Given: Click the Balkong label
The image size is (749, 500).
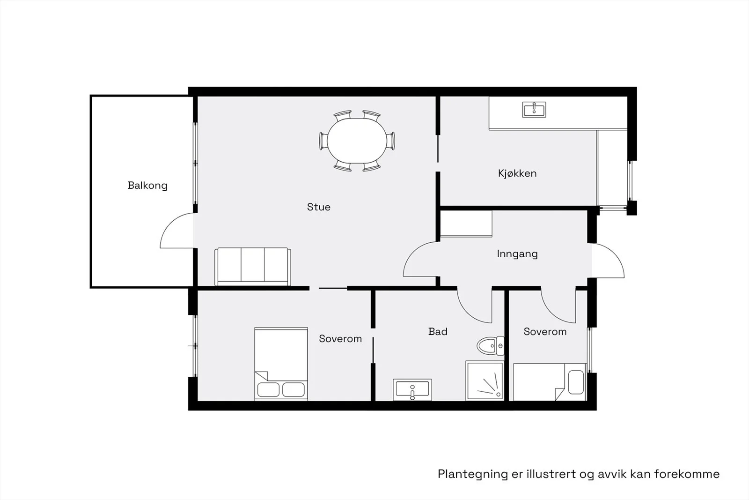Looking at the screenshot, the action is tap(147, 186).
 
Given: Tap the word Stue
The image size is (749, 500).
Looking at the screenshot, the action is tap(319, 207).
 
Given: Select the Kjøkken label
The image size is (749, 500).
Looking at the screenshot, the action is tap(517, 173).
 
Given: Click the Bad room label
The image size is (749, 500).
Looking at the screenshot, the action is tap(438, 332).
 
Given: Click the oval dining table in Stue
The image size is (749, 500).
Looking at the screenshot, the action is tap(357, 141).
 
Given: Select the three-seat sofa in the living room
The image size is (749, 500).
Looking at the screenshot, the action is tap(252, 267).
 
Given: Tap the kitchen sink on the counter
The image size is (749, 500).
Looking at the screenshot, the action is tap(534, 110).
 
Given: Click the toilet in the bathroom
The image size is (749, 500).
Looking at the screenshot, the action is tap(491, 346).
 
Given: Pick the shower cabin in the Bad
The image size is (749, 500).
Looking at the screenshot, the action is tap(485, 381).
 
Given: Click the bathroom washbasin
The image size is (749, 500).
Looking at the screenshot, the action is tap(412, 389).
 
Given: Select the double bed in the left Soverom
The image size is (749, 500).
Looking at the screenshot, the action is tap(281, 364).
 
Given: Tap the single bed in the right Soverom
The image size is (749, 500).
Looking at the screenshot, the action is tap(550, 382).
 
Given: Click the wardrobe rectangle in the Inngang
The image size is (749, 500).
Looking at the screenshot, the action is tap(466, 224).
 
